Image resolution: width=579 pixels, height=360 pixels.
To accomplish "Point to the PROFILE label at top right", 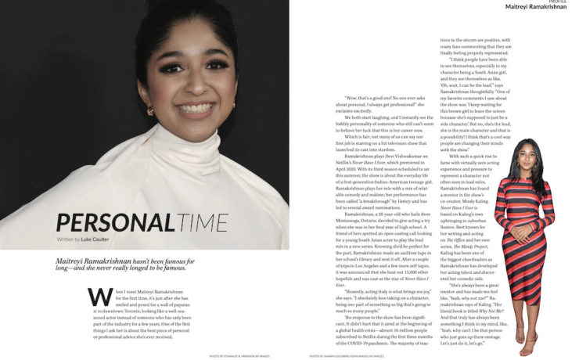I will click(558, 2).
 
